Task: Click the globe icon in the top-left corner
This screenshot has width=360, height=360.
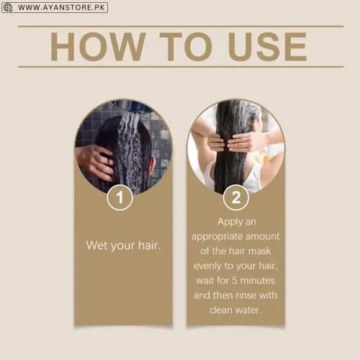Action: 7,7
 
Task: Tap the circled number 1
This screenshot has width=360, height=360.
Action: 120,197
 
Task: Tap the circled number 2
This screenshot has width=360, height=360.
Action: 235,197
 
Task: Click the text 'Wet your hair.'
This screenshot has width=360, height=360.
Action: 123,245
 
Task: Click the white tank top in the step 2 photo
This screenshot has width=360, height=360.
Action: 212,176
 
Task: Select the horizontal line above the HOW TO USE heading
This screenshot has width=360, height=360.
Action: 180,26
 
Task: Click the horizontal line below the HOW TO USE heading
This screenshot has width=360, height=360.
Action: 180,67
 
